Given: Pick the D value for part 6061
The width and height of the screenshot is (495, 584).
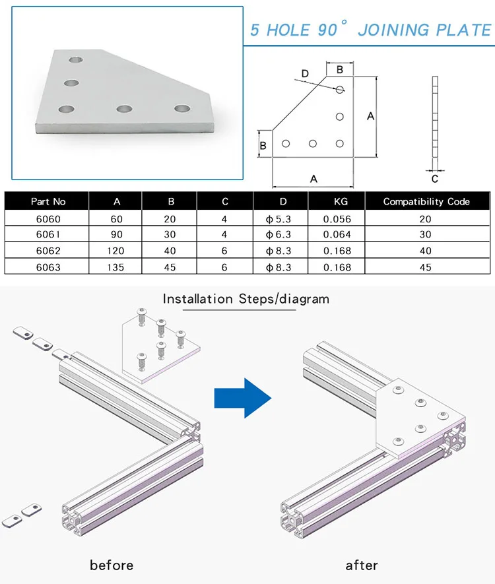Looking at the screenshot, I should pos(278,235).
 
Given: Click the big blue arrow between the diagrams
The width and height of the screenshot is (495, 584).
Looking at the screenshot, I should pos(243,397).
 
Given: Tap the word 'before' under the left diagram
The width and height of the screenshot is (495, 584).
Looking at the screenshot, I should pos(112,565).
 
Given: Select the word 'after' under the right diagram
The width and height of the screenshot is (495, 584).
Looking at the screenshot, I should pos(362,565).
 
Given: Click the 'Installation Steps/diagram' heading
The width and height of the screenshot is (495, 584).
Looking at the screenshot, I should pos(246,299).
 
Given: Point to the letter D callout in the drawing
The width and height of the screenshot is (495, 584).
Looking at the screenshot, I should pos(304,73).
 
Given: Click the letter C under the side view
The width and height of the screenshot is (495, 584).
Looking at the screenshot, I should pos(434,178).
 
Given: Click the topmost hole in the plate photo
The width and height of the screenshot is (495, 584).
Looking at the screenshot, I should pos(78,59).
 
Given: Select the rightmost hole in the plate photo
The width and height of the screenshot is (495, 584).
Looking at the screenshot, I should pos(182,108).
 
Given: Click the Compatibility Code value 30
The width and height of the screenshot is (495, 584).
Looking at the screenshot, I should pos(426,235).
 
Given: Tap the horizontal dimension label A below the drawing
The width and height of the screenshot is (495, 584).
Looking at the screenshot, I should pos(313,178).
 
